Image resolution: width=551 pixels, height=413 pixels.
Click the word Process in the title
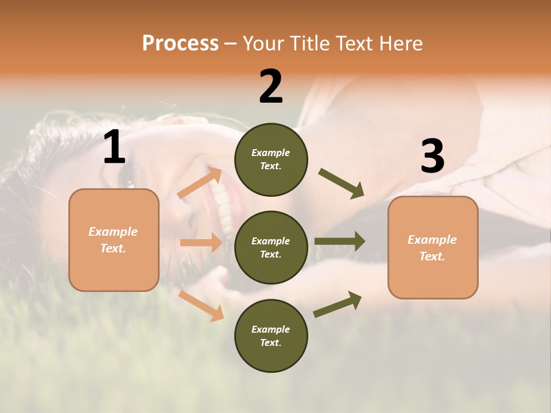pyautogui.click(x=180, y=44)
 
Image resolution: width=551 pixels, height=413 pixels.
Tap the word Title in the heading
pyautogui.click(x=308, y=44)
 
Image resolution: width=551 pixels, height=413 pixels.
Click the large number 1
pyautogui.click(x=114, y=147)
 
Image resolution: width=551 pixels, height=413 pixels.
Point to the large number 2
pyautogui.click(x=271, y=87)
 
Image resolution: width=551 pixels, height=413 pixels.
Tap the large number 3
pyautogui.click(x=432, y=156)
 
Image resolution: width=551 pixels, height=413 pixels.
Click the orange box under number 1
pyautogui.click(x=114, y=240)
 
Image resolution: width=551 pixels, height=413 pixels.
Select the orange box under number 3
pyautogui.click(x=433, y=247)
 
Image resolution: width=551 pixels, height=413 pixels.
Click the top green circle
pyautogui.click(x=271, y=159)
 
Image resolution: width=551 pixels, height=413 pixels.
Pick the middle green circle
pyautogui.click(x=271, y=247)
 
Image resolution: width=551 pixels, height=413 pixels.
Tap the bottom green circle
pyautogui.click(x=271, y=336)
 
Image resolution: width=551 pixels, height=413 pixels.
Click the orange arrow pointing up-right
pyautogui.click(x=200, y=183)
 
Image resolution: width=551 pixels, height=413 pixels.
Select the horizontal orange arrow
pyautogui.click(x=201, y=243)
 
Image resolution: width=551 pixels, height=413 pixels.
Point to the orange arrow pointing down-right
pyautogui.click(x=201, y=306)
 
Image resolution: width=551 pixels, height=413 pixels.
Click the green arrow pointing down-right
pyautogui.click(x=342, y=184)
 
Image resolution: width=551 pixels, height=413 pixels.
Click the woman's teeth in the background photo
pyautogui.click(x=224, y=206)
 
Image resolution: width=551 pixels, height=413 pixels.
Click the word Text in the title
pyautogui.click(x=354, y=44)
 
